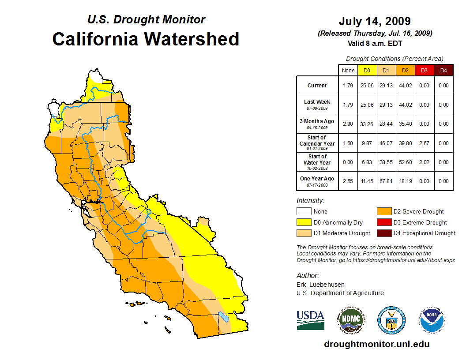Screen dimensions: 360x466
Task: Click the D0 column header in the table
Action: coord(367,71)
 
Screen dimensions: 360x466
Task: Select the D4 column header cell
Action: coord(443,71)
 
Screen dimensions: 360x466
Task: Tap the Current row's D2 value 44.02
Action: coord(405,86)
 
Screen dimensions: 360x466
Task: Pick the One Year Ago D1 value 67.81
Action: coord(386,181)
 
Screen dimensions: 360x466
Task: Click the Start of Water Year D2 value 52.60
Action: coord(405,162)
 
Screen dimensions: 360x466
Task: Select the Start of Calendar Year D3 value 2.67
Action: coord(424,143)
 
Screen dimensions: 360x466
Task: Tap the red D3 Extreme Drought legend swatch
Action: coord(383,222)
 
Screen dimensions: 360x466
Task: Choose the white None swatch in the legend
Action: coord(303,212)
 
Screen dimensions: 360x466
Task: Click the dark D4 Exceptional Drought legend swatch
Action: coord(383,233)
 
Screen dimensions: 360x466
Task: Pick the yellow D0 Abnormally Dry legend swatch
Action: coord(303,222)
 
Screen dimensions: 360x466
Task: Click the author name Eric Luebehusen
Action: coord(320,285)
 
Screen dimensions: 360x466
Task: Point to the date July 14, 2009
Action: coord(375,21)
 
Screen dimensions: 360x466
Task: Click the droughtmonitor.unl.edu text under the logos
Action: coord(376,344)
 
